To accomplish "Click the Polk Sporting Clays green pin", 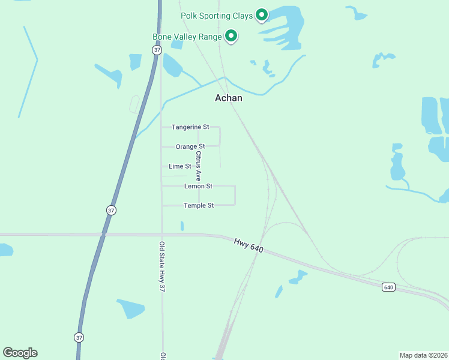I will point(262,14).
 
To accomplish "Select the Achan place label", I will point(229,98).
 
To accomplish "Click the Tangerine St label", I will point(190,127).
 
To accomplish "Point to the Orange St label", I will point(190,146).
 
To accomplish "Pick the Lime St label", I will point(180,166).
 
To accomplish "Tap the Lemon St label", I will point(198,186).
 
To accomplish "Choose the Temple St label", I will point(199,205).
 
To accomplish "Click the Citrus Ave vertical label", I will point(198,166).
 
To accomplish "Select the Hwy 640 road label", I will point(249,245).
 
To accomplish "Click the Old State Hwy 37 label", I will point(162,266).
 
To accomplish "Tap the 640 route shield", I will point(388,287).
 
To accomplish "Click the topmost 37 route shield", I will point(157,50).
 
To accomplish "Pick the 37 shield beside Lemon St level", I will point(111,211).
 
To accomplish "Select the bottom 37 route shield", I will point(79,337).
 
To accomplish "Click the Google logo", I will point(20,353).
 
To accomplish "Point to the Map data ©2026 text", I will point(423,355).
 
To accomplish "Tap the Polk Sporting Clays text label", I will point(217,16).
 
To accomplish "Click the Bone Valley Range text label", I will point(187,37).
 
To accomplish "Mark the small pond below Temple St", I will point(182,226).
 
